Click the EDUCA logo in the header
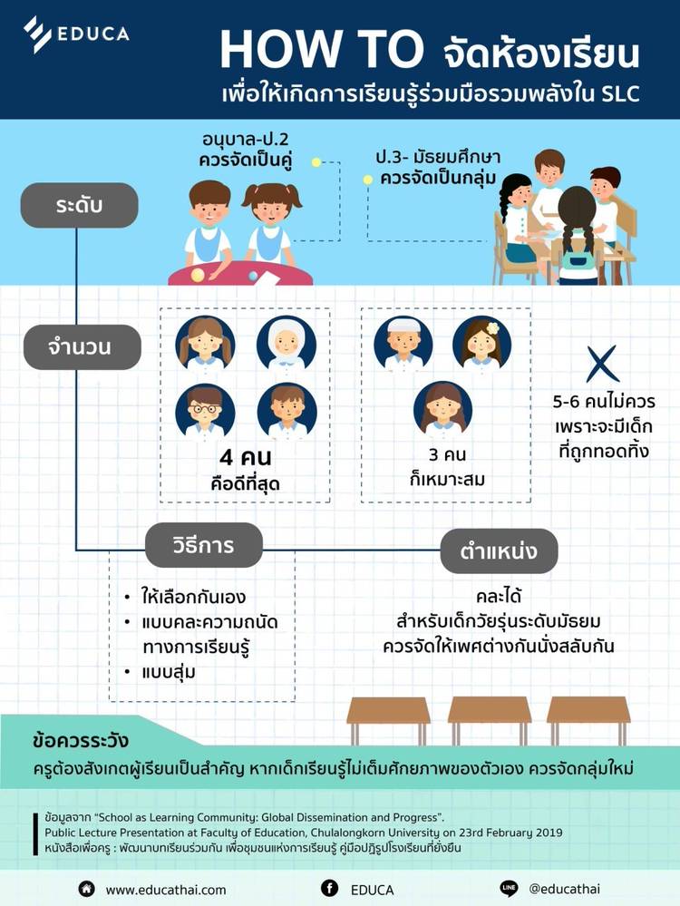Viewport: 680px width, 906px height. click(76, 34)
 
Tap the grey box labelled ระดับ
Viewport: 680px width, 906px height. click(81, 205)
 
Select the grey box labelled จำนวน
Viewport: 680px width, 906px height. click(83, 346)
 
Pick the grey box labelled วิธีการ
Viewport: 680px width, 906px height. click(203, 546)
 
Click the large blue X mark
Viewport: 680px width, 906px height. click(602, 364)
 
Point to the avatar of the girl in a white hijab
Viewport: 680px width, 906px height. click(286, 346)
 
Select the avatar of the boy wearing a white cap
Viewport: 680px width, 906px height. click(403, 346)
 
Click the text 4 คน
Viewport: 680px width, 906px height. click(244, 458)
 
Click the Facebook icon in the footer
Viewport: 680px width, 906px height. click(329, 889)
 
